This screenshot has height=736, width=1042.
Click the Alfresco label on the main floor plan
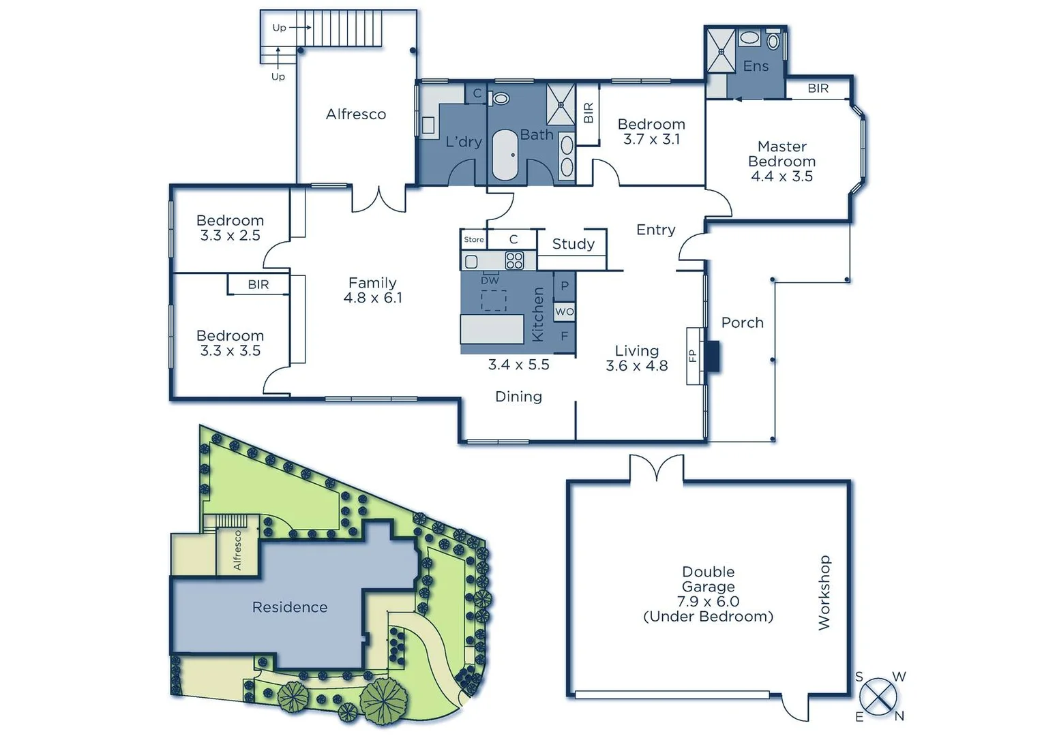[x=355, y=114]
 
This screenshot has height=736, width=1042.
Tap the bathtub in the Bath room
[x=505, y=155]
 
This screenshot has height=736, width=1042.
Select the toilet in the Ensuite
[x=773, y=42]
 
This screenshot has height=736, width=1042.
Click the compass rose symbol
[x=878, y=696]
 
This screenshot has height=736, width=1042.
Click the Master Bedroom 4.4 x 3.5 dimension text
[x=781, y=177]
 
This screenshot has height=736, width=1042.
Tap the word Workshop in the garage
[x=824, y=592]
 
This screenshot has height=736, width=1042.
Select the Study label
[x=573, y=244]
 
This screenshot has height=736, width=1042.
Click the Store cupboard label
[x=473, y=240]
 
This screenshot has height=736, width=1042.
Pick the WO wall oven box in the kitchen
[x=564, y=312]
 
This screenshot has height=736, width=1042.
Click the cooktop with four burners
[x=514, y=260]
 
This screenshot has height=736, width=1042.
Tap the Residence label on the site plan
[x=289, y=607]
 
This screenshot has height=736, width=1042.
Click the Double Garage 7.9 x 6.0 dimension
[x=708, y=601]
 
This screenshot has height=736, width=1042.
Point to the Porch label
[x=742, y=323]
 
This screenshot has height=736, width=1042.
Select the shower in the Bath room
[x=561, y=105]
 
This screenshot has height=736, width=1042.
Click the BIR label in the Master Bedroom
[x=818, y=89]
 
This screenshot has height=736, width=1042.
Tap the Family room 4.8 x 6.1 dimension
[x=372, y=298]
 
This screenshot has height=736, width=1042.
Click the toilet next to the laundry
[x=501, y=99]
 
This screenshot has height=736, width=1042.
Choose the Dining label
[x=518, y=397]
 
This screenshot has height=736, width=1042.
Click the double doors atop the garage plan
[x=655, y=470]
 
